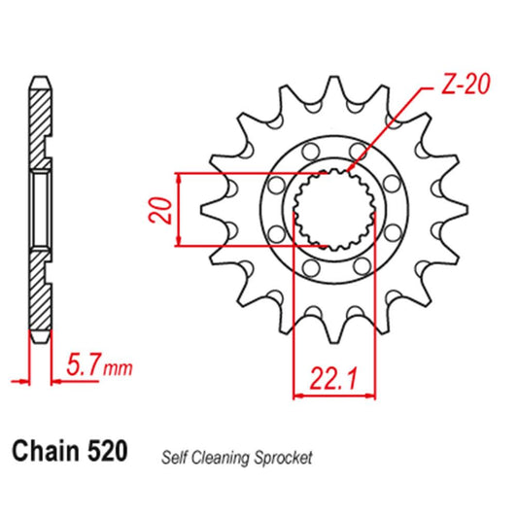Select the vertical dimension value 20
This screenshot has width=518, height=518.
pos(164,211)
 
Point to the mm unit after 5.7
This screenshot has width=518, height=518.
pos(118,369)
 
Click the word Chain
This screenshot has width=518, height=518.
pos(44,454)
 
